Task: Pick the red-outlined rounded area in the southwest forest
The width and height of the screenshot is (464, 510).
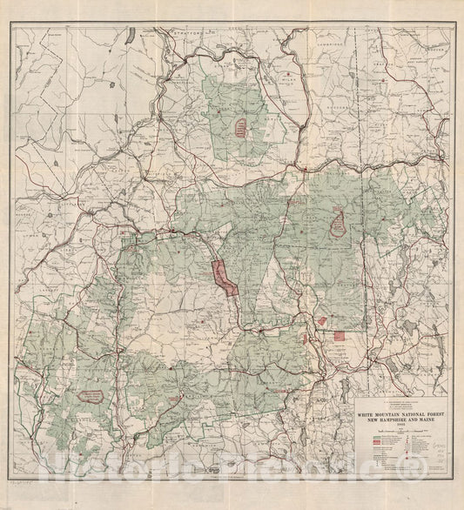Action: [91, 396]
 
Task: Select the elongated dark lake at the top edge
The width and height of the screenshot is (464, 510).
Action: [128, 37]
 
